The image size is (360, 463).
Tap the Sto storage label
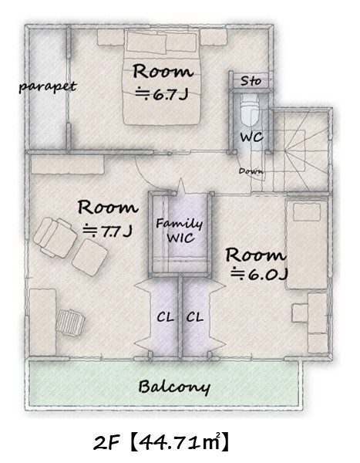[x=251, y=80]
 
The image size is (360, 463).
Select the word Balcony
[x=174, y=387]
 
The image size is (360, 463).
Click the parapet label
[x=48, y=86]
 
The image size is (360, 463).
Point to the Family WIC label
[x=180, y=231]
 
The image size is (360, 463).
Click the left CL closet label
[x=165, y=317]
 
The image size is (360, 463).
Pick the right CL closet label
[x=195, y=317]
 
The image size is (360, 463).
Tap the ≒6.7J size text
[x=162, y=94]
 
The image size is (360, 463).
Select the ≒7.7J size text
[x=107, y=231]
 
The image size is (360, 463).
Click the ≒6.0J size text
[x=259, y=275]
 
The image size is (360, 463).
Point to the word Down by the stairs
[x=251, y=171]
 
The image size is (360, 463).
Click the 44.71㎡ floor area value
[x=180, y=443]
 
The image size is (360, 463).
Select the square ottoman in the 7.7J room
[x=90, y=258]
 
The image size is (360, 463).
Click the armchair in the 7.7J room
[x=55, y=238]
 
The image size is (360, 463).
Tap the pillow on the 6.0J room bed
[x=307, y=212]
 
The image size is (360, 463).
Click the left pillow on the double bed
[x=146, y=42]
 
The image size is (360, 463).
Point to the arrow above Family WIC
[x=180, y=187]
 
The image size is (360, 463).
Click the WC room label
[x=251, y=137]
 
